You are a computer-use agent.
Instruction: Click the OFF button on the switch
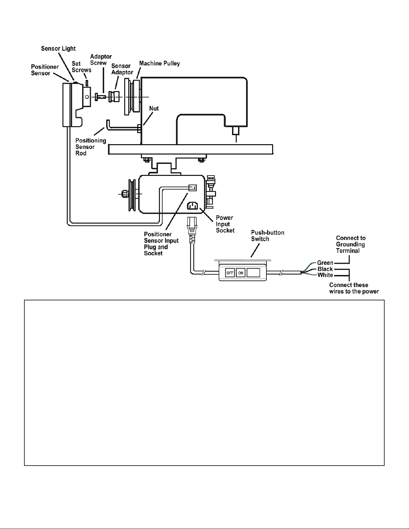230,273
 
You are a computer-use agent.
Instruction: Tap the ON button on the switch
240,273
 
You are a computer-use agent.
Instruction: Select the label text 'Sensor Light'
58,49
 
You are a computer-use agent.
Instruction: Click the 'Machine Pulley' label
160,63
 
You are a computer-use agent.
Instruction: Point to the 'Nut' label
154,108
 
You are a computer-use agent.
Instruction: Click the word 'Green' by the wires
325,263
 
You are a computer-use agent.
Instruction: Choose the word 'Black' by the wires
325,269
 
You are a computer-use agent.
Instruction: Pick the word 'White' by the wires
325,275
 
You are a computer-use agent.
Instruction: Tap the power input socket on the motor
192,206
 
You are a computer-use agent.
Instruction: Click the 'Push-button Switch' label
267,236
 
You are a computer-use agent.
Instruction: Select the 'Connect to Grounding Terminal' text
351,244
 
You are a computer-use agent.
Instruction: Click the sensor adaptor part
114,97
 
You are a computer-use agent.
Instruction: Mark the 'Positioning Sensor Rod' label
90,147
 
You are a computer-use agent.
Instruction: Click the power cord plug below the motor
192,230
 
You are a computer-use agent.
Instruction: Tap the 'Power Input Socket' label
225,224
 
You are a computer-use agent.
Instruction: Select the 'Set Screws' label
81,67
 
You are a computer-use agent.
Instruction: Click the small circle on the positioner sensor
87,97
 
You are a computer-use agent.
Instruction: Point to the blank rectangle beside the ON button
253,273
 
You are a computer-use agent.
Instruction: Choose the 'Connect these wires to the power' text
354,288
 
